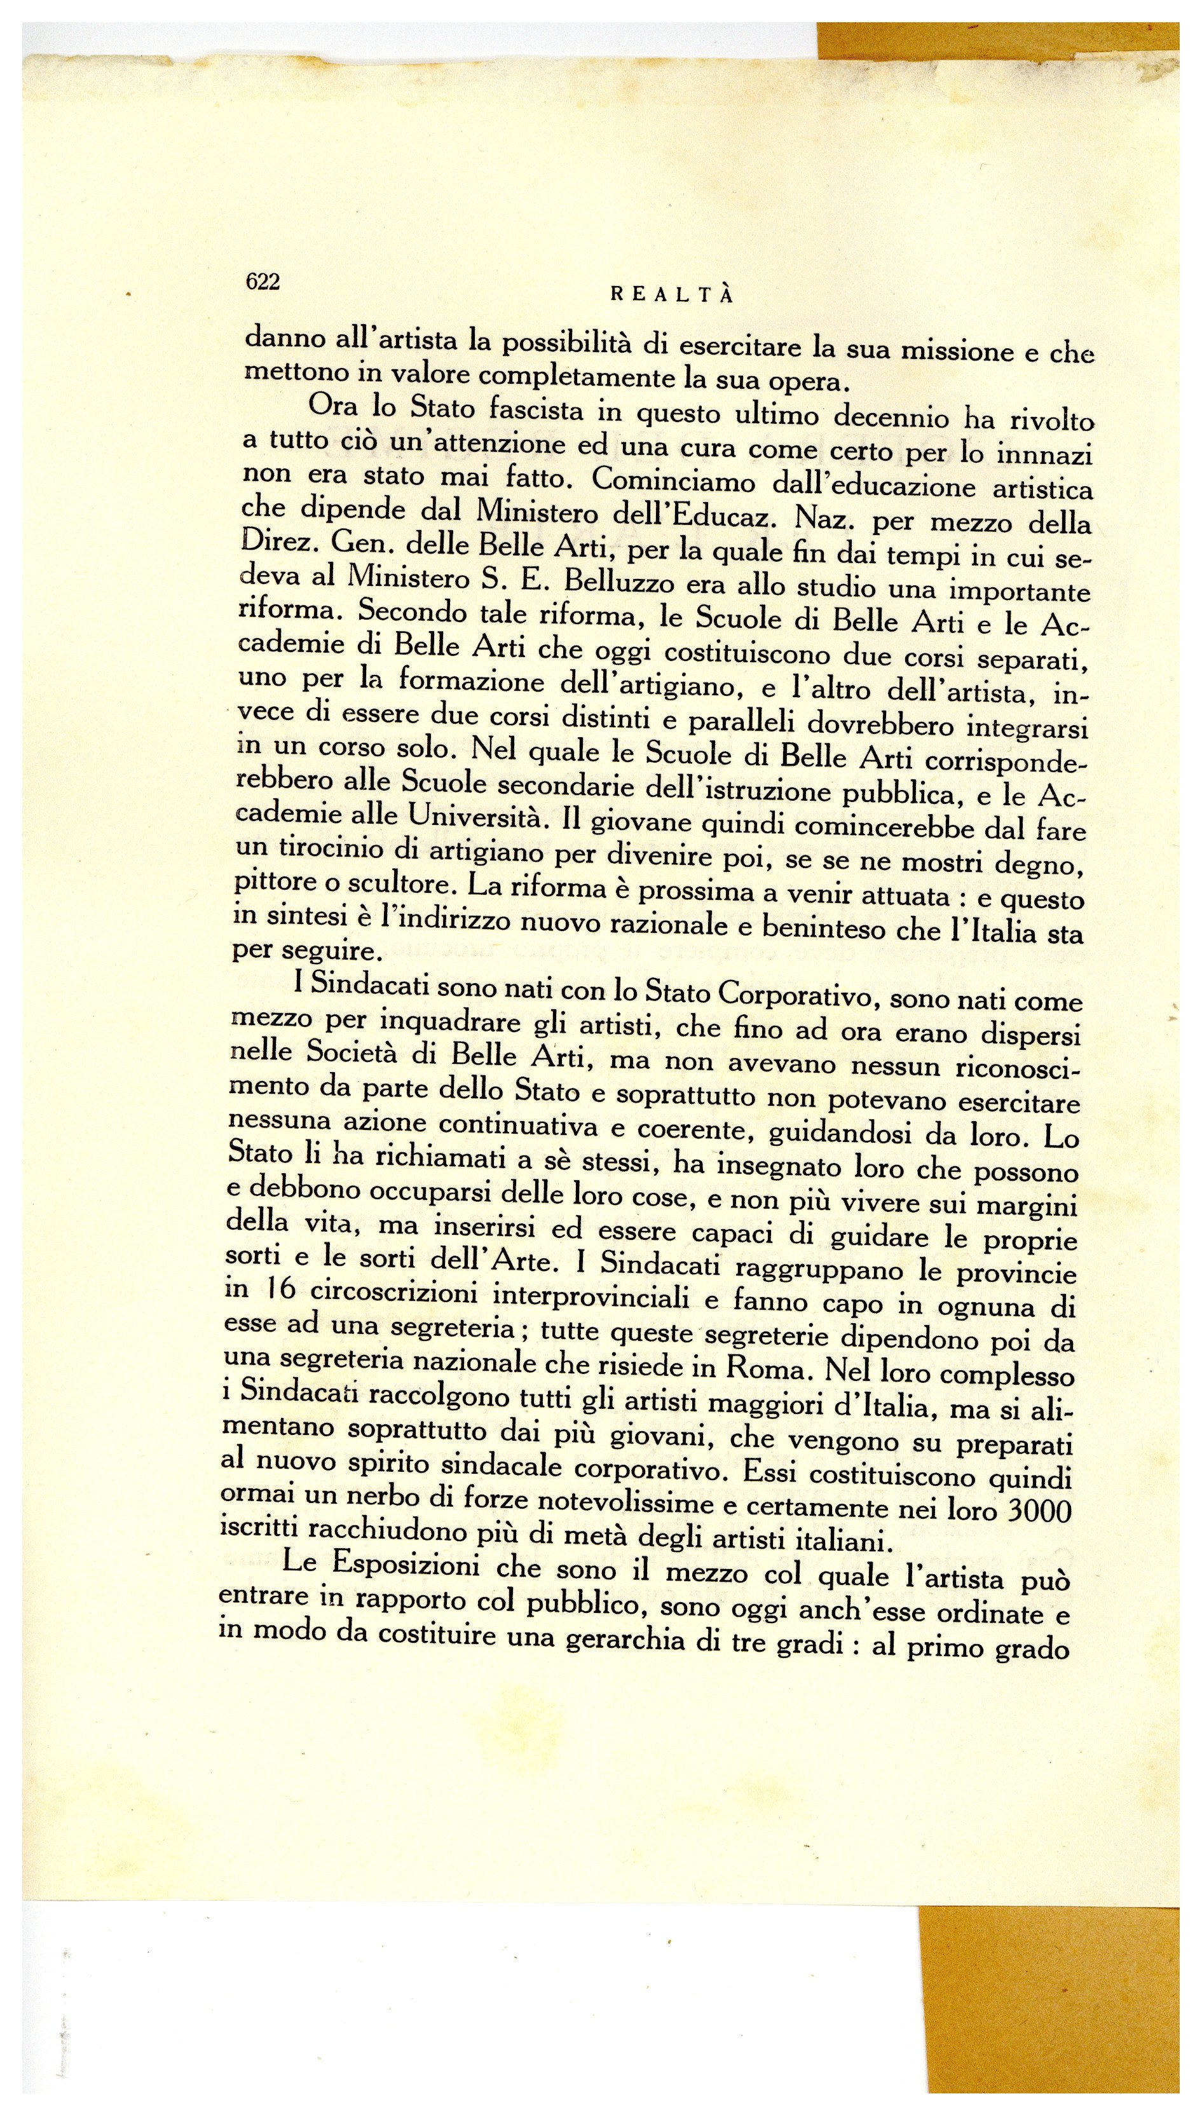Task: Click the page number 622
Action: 263,282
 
